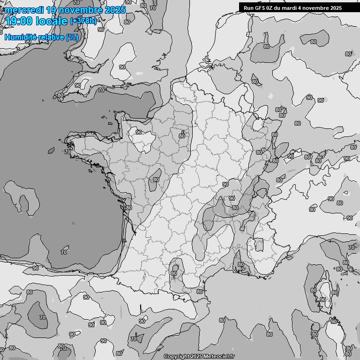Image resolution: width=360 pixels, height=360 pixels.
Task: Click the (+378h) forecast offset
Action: click(x=83, y=21)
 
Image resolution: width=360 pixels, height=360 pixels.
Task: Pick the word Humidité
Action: click(x=22, y=37)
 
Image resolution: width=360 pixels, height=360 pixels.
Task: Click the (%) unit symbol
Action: click(x=72, y=37)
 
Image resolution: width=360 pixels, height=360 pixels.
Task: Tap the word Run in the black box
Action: click(x=248, y=7)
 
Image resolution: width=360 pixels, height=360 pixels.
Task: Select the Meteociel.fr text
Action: click(x=218, y=357)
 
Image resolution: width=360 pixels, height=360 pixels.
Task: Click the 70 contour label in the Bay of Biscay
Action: click(x=64, y=252)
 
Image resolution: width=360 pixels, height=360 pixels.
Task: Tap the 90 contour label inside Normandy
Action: click(x=139, y=132)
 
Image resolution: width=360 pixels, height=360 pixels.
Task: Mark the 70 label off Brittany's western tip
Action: click(x=67, y=152)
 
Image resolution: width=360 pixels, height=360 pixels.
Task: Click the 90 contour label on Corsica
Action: click(x=322, y=300)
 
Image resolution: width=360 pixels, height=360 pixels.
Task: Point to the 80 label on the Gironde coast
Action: click(x=129, y=208)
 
